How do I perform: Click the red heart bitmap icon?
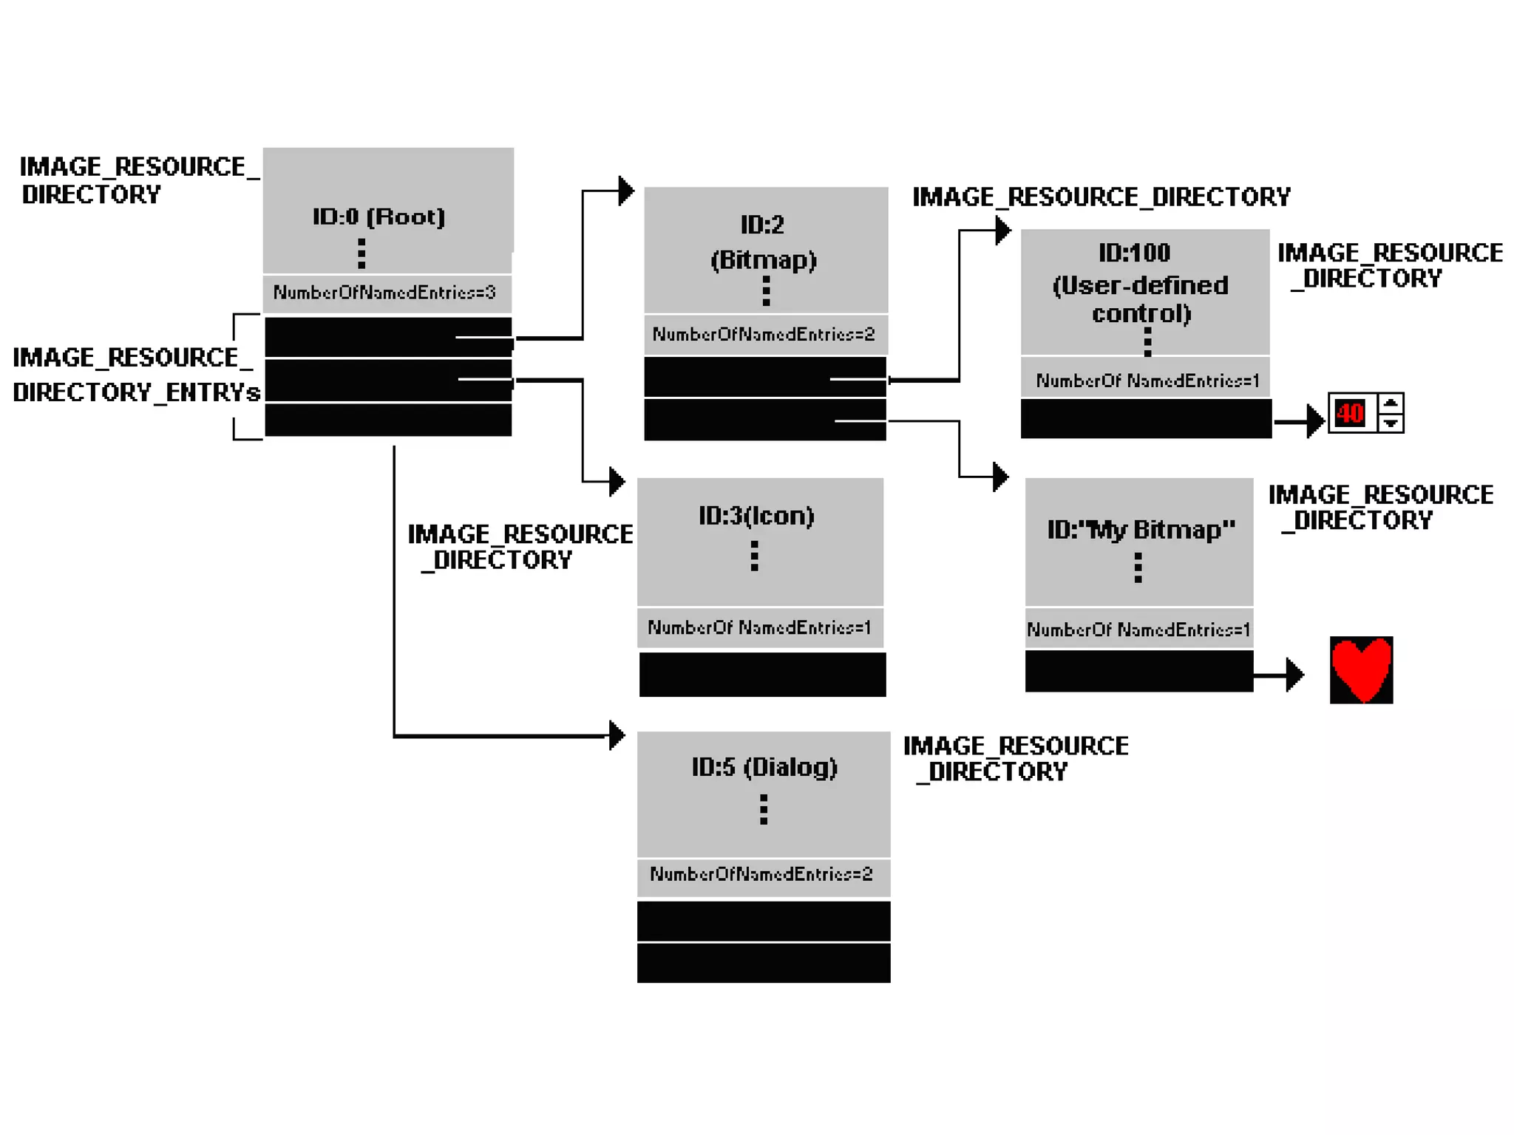[1361, 669]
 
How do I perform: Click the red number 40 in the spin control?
[1350, 413]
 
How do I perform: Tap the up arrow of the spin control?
[1391, 403]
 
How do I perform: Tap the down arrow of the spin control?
[1391, 423]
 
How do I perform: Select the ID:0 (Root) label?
[378, 217]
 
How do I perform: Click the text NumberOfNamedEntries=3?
[384, 293]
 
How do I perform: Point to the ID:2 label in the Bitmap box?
[762, 225]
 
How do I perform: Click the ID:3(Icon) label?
[756, 516]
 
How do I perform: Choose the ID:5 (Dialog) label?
[764, 767]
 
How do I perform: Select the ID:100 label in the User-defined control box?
[1134, 253]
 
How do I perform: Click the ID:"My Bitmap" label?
[1141, 530]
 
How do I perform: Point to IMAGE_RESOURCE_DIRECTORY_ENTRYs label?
[135, 375]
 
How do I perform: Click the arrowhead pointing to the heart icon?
[1294, 675]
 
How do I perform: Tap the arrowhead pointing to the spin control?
[1315, 421]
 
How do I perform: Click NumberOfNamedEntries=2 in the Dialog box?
[761, 874]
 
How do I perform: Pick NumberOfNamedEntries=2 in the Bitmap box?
[764, 335]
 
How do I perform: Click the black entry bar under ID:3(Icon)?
[762, 674]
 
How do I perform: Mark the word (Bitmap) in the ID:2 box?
[764, 260]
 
